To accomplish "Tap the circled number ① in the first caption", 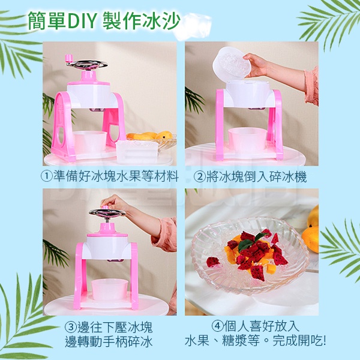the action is tap(47, 176).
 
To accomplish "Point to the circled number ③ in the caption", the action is tap(70, 327).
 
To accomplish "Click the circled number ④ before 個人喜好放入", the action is tap(217, 326).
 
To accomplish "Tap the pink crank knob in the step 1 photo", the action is tap(68, 59).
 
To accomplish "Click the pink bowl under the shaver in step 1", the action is tap(90, 142).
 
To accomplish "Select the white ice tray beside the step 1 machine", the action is tap(137, 151).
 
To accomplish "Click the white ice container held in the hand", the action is tap(232, 63).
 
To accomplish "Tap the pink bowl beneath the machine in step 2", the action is tap(247, 140).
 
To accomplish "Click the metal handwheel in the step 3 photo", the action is tap(107, 212).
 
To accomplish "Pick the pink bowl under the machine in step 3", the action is tap(110, 289).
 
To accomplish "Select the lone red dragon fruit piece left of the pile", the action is tap(213, 262).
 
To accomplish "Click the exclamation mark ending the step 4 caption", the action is tap(324, 340).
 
